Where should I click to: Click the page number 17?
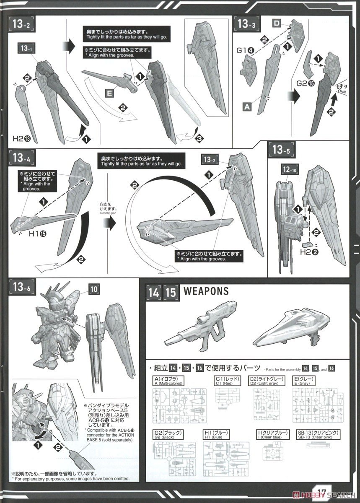click(x=322, y=493)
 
